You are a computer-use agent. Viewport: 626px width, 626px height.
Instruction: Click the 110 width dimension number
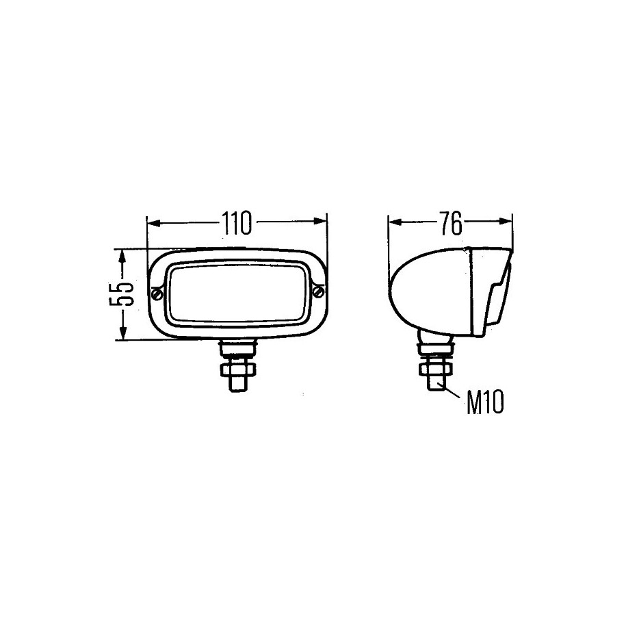click(x=237, y=223)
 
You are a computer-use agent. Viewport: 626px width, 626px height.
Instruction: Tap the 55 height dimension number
click(x=120, y=294)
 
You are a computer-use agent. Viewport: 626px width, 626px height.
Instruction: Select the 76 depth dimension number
click(x=451, y=223)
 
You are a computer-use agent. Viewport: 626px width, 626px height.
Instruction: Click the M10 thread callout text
click(x=485, y=402)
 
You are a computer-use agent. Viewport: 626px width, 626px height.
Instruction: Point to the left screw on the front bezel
click(x=157, y=294)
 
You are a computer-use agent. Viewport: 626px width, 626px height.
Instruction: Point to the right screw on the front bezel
click(x=319, y=291)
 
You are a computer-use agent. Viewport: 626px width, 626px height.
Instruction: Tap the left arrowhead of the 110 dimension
click(x=153, y=222)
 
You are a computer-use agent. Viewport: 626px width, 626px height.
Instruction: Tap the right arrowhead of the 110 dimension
click(x=320, y=222)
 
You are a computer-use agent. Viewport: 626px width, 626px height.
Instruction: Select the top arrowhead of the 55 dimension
click(x=123, y=257)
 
